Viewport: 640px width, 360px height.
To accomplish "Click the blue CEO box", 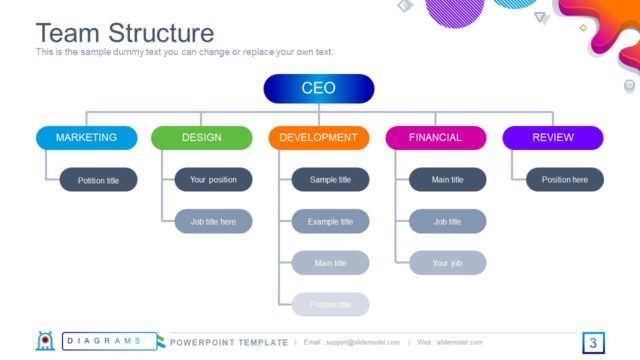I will (x=318, y=89).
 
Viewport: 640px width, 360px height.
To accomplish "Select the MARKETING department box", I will (x=86, y=138).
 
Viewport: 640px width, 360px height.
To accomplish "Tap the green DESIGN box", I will (x=202, y=138).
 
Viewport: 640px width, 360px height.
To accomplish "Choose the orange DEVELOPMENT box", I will (x=318, y=138).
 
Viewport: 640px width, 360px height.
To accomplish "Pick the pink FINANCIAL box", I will (x=435, y=138).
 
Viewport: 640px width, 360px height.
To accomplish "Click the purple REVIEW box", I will (x=552, y=138).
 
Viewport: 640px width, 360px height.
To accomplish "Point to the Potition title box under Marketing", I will (x=99, y=180).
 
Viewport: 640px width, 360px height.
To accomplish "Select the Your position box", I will (x=213, y=180).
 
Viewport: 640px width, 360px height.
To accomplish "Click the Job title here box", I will (x=213, y=221).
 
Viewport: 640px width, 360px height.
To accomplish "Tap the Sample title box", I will (x=330, y=180).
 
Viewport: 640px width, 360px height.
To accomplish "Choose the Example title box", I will (x=330, y=221).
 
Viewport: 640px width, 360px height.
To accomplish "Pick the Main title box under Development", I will (x=330, y=263).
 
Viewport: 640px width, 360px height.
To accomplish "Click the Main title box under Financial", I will (x=447, y=180).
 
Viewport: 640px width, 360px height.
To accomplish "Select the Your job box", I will (x=447, y=263).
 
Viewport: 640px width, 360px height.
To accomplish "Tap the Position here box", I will (x=564, y=180).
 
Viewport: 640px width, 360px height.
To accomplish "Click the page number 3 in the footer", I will (x=593, y=343).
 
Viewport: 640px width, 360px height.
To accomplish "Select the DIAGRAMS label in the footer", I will (x=105, y=342).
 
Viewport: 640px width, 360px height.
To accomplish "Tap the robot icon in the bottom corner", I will (x=45, y=341).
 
